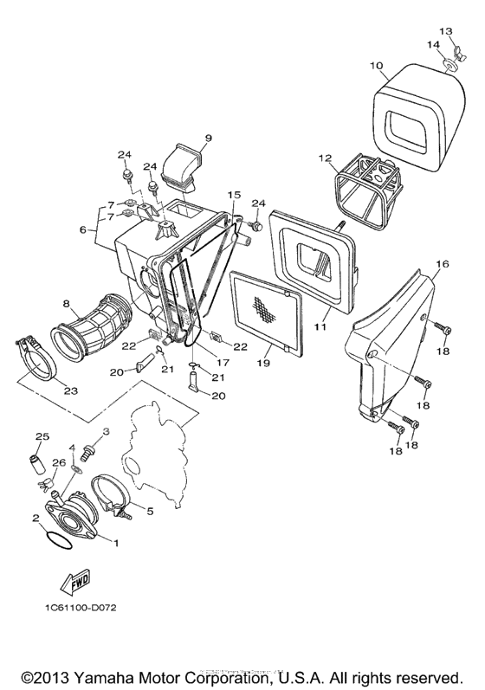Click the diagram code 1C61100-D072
[x=75, y=608]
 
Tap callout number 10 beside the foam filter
[x=376, y=65]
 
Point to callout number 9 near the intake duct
[x=209, y=138]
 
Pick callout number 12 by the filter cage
[x=325, y=158]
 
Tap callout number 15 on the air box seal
[x=234, y=195]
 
